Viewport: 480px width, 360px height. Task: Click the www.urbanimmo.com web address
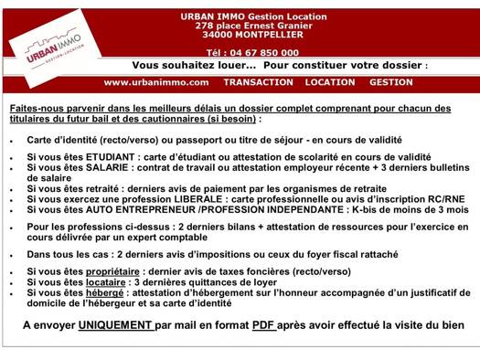156,82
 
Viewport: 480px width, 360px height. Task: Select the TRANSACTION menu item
259,82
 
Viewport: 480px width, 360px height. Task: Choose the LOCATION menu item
330,82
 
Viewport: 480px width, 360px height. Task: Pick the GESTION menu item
391,82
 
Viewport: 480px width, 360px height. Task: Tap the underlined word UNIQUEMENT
115,325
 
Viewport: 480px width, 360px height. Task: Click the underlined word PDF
264,325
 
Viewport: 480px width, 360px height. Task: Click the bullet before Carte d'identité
11,141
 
